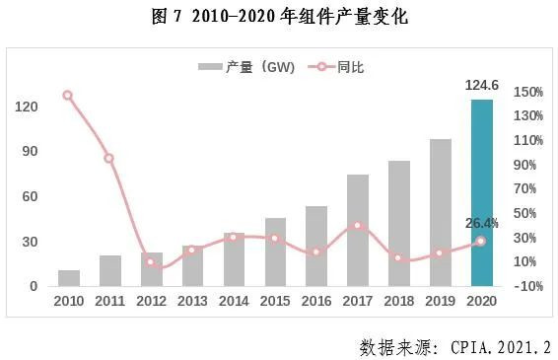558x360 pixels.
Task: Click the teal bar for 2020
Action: [x=481, y=192]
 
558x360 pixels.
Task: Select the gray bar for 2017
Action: [x=357, y=230]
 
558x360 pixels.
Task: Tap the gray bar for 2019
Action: [x=440, y=212]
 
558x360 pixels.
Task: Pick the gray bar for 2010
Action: [x=69, y=277]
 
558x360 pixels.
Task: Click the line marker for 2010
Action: [x=67, y=96]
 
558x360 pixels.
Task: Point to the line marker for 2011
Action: [x=108, y=158]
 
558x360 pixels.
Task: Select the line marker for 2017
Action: [x=357, y=226]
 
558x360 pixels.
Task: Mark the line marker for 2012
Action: [x=150, y=261]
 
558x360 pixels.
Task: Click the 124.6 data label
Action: [x=481, y=86]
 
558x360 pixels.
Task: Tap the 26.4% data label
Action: [x=481, y=223]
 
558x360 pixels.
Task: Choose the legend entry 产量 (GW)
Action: [x=242, y=67]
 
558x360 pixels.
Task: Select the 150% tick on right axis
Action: [x=528, y=93]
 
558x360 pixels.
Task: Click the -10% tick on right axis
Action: [x=528, y=286]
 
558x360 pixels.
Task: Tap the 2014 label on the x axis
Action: [x=234, y=300]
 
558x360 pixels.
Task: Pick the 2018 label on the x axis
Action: [x=398, y=300]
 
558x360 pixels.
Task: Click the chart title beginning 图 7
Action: [x=280, y=17]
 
